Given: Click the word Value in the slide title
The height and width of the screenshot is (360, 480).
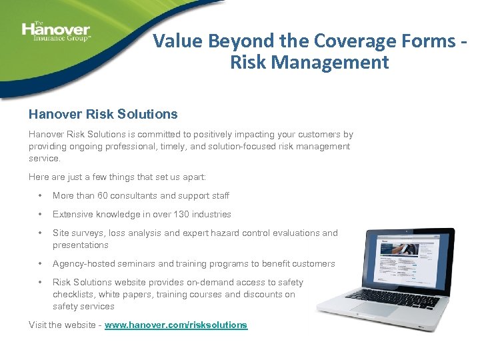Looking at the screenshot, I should tap(176, 41).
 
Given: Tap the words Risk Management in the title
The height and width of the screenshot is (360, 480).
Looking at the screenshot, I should tap(309, 63).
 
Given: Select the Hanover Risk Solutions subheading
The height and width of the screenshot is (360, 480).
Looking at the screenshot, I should tap(103, 114).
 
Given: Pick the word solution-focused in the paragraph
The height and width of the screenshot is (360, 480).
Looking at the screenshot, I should tap(235, 146).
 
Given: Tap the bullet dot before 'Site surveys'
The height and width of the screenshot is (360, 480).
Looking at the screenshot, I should tap(41, 233).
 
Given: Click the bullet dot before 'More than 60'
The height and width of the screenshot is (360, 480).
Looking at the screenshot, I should tap(41, 196).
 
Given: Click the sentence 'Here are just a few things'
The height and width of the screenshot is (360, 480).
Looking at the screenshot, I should tap(117, 177).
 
